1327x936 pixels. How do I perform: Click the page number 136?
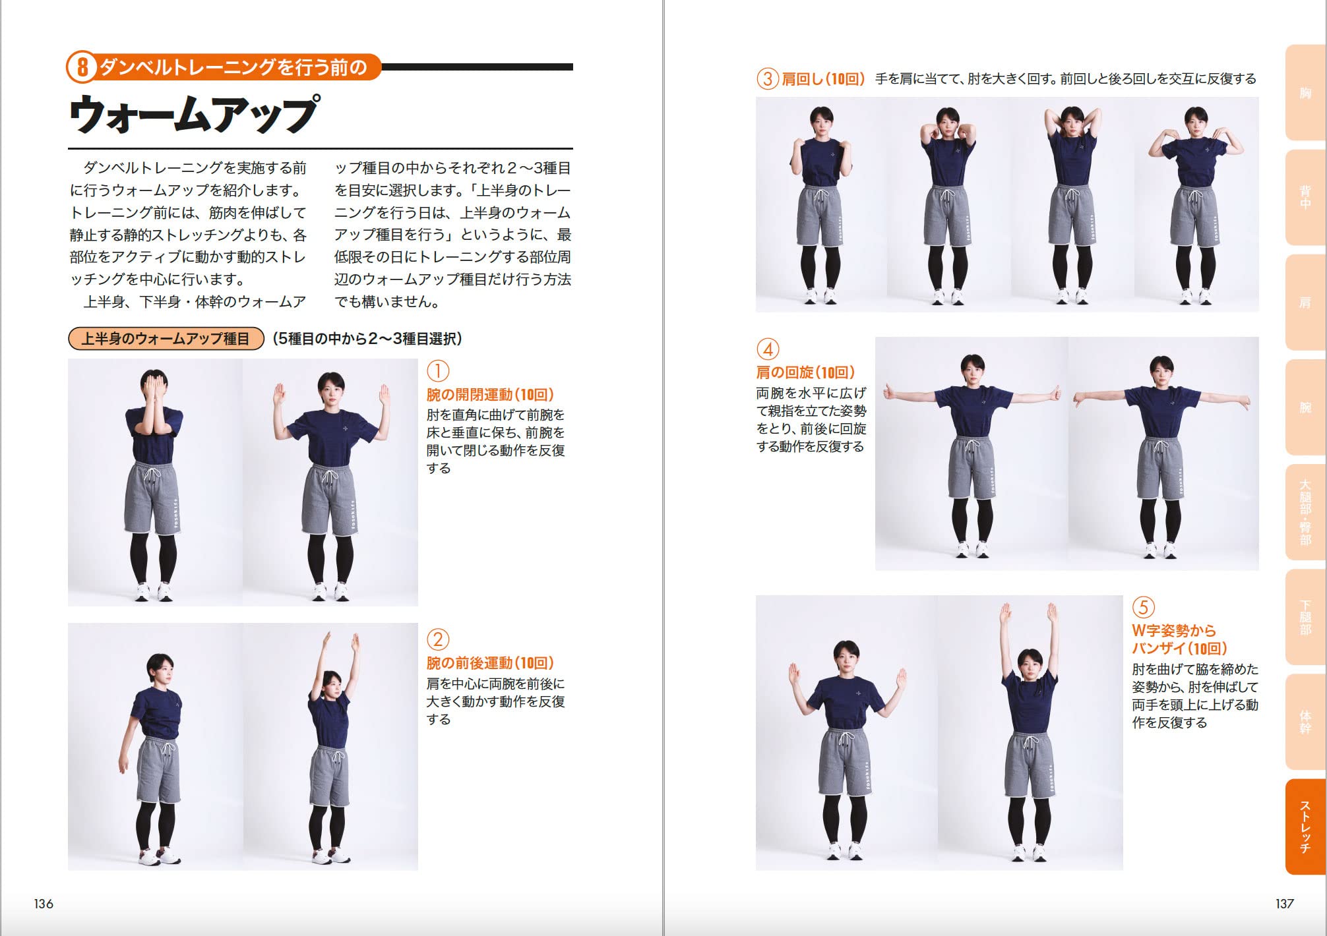coord(44,904)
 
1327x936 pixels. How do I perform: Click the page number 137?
coord(1284,904)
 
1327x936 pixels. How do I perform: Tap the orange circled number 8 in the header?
coord(82,67)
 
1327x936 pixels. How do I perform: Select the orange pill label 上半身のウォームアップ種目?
coord(166,339)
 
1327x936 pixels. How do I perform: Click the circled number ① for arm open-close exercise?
coord(438,371)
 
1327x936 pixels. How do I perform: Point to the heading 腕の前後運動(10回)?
coord(490,663)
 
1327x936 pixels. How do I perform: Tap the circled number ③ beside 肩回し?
coord(767,79)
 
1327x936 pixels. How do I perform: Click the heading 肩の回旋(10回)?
coord(805,372)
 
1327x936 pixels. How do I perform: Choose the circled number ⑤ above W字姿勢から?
coord(1144,607)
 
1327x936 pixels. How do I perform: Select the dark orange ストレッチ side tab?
coord(1305,827)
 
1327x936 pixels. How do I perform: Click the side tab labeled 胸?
coord(1305,93)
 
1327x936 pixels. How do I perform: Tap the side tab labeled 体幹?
coord(1305,722)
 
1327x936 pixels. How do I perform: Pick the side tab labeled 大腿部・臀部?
coord(1305,512)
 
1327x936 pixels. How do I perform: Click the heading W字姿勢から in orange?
coord(1173,630)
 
